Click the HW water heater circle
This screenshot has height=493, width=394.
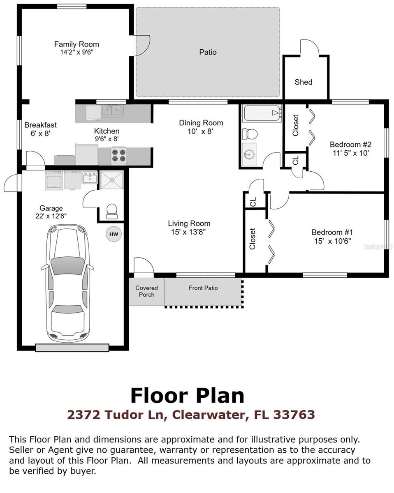(114, 234)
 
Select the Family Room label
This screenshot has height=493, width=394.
(76, 44)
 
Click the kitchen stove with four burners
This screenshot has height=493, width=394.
(118, 156)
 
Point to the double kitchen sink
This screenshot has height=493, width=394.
(112, 110)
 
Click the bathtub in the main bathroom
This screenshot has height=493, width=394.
(262, 113)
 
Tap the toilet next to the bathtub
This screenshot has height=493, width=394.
(250, 134)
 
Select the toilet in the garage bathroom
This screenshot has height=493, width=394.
(111, 210)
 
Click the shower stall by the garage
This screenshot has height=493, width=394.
(111, 180)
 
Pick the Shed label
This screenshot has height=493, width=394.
(304, 82)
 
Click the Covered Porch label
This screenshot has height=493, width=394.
(146, 291)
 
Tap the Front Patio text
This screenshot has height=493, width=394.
(203, 288)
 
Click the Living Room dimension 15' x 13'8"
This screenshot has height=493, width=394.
(189, 232)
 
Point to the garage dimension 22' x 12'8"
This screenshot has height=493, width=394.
(51, 216)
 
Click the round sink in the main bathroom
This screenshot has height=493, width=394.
(248, 155)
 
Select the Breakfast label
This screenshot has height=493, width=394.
(40, 125)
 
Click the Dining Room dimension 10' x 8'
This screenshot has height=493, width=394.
(201, 131)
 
